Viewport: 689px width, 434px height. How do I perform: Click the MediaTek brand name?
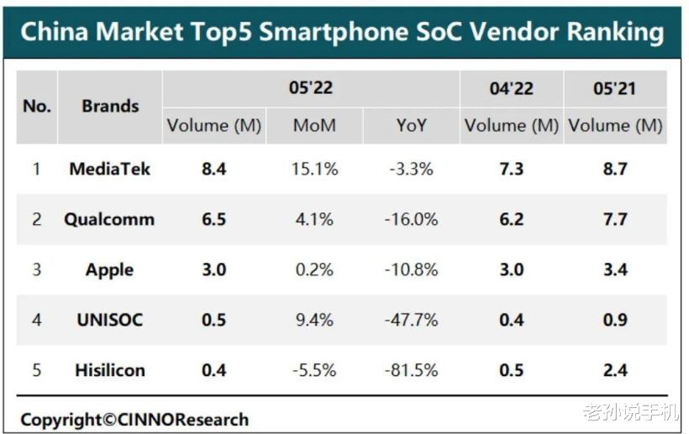[x=109, y=169]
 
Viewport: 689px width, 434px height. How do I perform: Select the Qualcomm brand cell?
[x=109, y=219]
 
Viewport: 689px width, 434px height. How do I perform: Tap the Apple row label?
[x=109, y=269]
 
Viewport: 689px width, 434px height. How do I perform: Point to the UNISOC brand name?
[x=109, y=320]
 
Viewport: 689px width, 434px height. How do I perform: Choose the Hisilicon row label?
[x=109, y=370]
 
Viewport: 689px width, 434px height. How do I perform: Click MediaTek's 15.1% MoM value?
[x=314, y=169]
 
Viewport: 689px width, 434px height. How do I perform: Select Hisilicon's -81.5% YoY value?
[x=412, y=370]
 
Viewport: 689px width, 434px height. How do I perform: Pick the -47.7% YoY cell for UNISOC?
[x=412, y=320]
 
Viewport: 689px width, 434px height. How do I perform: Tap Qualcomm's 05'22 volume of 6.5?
[x=214, y=219]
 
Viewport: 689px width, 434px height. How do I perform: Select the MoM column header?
[x=314, y=126]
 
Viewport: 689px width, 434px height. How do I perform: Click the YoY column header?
[x=412, y=126]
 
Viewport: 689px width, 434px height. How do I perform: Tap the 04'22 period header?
[x=511, y=88]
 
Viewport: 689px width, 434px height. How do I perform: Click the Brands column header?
[x=110, y=107]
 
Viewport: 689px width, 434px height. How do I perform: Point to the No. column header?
[x=37, y=107]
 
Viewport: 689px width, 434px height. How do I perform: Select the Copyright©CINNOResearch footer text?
[x=134, y=419]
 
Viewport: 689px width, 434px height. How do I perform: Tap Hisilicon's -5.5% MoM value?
[x=314, y=370]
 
